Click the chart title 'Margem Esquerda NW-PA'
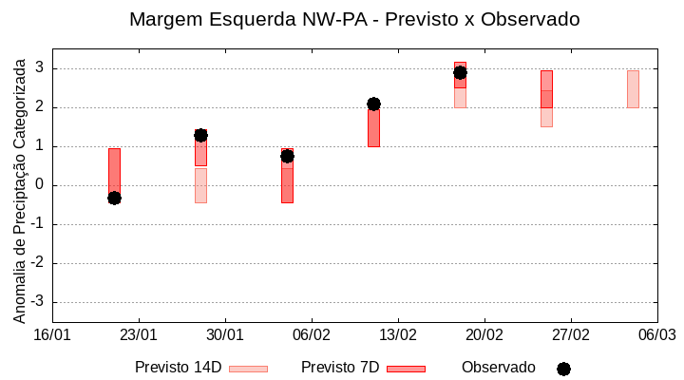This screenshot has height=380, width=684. [353, 19]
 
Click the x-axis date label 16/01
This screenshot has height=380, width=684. [52, 335]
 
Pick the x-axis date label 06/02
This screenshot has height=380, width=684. [311, 335]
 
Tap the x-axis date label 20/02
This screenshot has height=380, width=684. [484, 335]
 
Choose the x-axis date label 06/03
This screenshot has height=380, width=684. [656, 335]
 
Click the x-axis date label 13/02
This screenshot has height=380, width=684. [397, 335]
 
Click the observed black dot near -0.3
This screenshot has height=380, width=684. [114, 198]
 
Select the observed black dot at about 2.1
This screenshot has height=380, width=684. [373, 104]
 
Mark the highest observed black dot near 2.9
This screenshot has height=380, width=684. [460, 72]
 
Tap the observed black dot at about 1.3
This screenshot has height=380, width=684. [200, 135]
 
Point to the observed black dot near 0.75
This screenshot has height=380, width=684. [287, 156]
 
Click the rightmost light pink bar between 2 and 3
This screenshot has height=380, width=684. [633, 88]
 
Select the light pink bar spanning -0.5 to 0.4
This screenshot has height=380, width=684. [200, 185]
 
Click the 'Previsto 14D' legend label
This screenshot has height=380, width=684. [178, 368]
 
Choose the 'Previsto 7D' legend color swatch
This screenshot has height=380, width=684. [406, 369]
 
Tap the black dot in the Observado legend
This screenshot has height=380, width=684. [563, 369]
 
